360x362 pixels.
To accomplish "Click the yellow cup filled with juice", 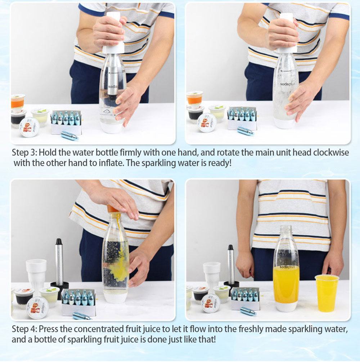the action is (327, 293).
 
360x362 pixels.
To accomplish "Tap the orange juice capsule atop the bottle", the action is (113, 209).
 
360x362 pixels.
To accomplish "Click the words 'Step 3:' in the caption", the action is (24, 153).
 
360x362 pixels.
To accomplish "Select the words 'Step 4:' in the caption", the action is (24, 329).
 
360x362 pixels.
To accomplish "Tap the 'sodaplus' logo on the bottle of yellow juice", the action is (287, 267).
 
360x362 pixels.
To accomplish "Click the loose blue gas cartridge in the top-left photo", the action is (70, 136).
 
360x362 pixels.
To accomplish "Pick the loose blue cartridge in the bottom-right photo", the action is (248, 311).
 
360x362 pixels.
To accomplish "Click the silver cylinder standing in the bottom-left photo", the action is (59, 262).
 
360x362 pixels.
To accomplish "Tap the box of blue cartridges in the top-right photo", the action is (242, 118).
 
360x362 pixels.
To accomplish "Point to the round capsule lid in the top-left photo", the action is (29, 127).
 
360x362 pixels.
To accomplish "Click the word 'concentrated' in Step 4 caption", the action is (99, 329).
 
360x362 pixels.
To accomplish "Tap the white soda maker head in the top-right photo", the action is (286, 32).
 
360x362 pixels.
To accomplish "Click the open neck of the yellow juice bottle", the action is (286, 227).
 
